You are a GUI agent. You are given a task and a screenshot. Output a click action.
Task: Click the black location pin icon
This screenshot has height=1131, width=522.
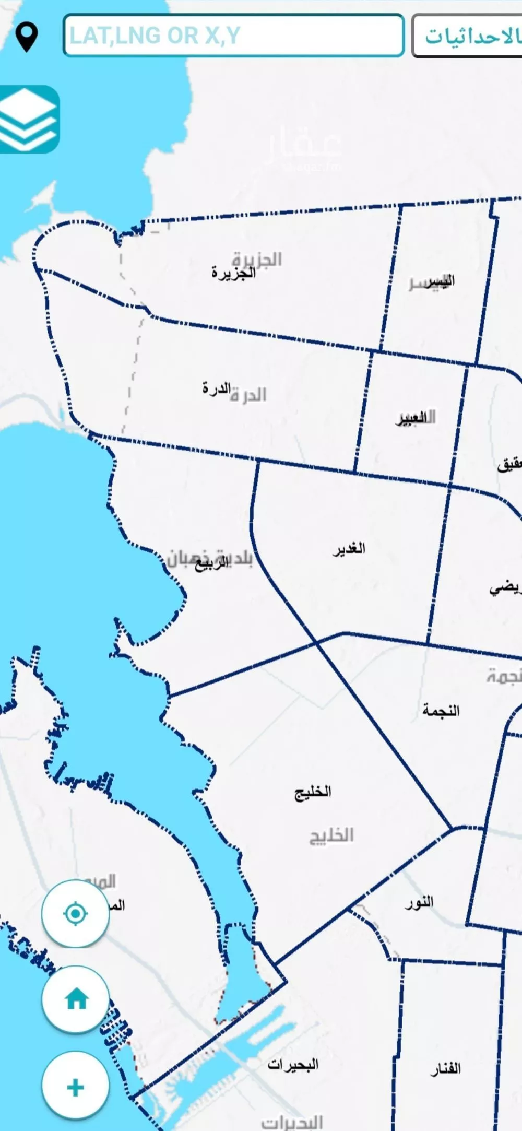[x=27, y=37]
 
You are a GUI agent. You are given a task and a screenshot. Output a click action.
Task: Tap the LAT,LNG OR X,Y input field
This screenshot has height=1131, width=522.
[x=233, y=36]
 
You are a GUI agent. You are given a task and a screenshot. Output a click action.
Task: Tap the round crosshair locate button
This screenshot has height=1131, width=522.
[x=76, y=914]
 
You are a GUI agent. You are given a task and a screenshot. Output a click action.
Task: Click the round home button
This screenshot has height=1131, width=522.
[x=76, y=999]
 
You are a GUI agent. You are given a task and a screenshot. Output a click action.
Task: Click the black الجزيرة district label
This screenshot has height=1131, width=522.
[x=233, y=273]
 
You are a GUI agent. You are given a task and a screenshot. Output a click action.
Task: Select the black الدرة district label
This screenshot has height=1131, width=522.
[x=216, y=388]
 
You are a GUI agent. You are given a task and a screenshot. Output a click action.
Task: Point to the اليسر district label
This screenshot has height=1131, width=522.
[x=438, y=281]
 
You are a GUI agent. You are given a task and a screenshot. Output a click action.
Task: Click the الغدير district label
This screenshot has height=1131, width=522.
[x=349, y=549]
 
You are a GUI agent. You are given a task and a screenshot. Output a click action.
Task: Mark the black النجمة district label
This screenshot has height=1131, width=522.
[x=441, y=710]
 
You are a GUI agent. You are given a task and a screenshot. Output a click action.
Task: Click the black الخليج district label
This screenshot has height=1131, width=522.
[x=313, y=792]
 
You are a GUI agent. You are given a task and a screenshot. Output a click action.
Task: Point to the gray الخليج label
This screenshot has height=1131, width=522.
[x=331, y=835]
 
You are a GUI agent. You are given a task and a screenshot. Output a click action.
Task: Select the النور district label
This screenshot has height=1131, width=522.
[x=419, y=902]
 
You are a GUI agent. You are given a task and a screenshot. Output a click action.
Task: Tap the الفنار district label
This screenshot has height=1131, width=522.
[x=445, y=1068]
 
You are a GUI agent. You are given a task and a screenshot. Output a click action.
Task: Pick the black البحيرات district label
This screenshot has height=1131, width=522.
[x=293, y=1064]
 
